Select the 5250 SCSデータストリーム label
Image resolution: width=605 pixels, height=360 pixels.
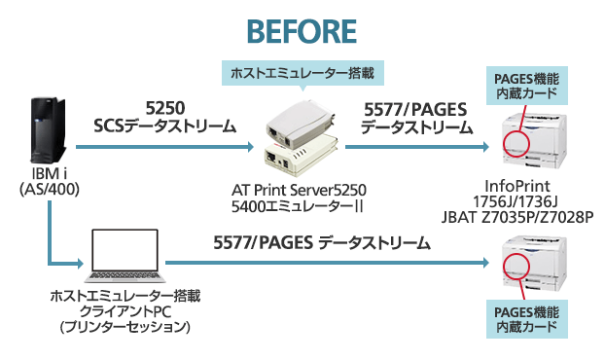pos(165,116)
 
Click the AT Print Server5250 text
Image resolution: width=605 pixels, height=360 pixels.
pos(303,189)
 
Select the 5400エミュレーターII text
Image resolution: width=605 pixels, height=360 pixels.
pos(303,205)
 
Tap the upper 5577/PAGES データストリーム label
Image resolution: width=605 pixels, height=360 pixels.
pos(416,118)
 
